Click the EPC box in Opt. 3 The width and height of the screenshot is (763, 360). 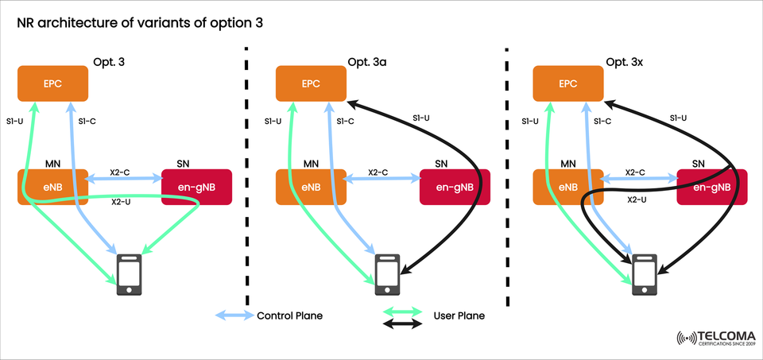coord(52,83)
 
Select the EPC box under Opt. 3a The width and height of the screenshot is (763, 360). coord(310,83)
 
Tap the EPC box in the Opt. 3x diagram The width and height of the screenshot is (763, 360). coord(567,83)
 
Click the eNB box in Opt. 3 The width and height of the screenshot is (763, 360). coord(52,187)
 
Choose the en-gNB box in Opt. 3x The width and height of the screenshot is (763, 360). coord(711,188)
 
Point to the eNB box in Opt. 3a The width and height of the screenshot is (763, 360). coord(310,187)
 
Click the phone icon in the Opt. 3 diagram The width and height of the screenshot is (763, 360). coord(130,274)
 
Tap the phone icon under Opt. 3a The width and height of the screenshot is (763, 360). coord(387,274)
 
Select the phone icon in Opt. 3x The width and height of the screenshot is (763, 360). coord(645,274)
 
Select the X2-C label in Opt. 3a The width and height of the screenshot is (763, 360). coord(378,172)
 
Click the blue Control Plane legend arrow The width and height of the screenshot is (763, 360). coord(234,315)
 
